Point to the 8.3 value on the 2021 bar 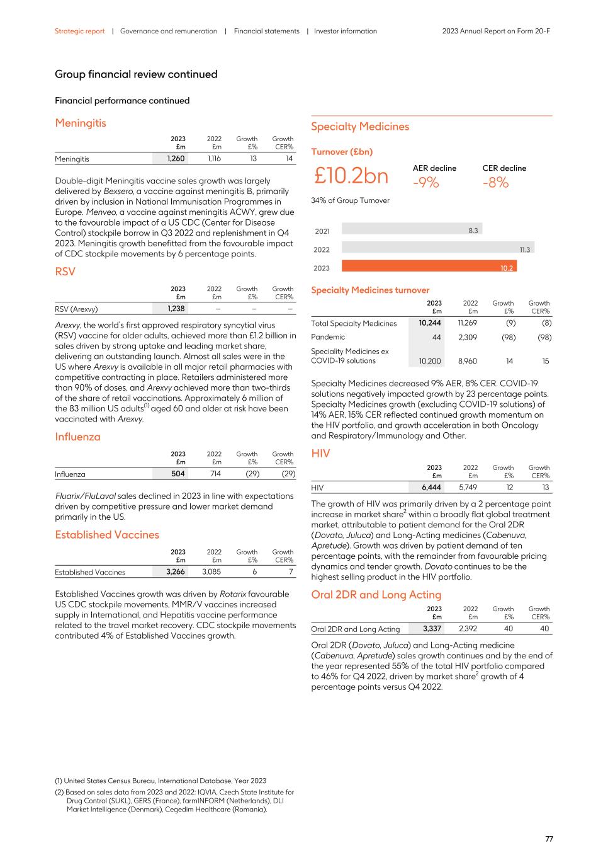tap(473, 231)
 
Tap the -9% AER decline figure tap(425, 183)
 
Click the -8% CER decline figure tap(495, 183)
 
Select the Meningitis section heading tap(81, 123)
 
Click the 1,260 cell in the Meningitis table tap(176, 159)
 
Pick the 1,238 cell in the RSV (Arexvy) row tap(176, 309)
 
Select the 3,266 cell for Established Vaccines tap(176, 572)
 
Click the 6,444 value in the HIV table tap(432, 488)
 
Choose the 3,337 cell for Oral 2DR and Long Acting tap(432, 629)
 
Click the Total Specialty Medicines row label tap(354, 323)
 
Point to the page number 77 tap(549, 839)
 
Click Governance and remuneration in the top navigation tap(168, 31)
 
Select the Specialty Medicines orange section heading tap(360, 127)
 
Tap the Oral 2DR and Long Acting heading tap(376, 595)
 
